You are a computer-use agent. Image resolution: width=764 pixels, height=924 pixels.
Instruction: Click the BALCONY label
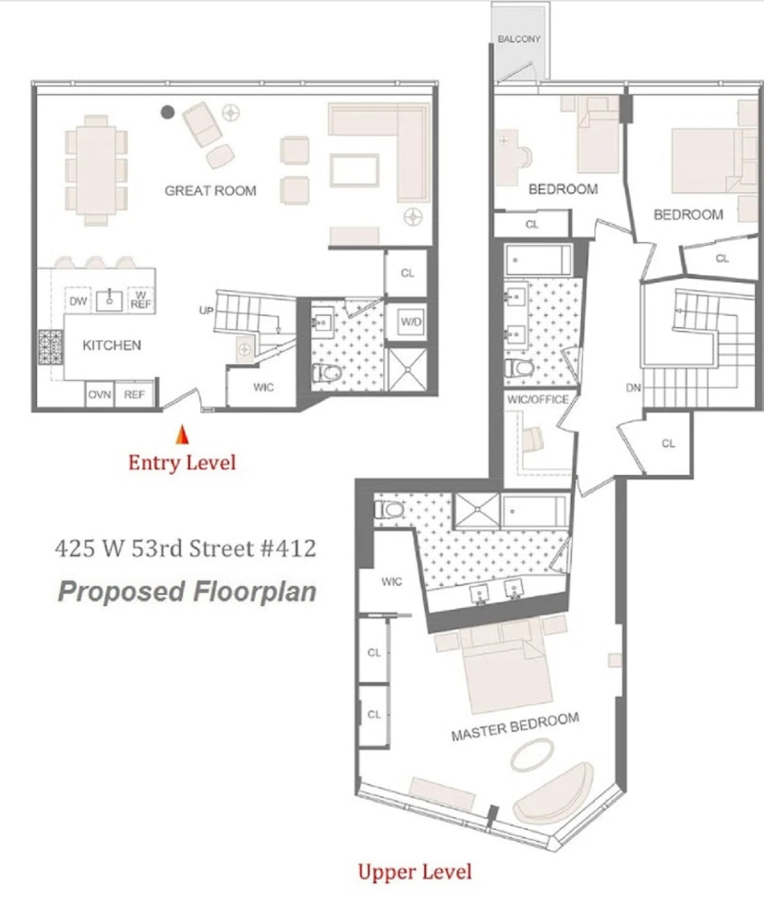tap(519, 39)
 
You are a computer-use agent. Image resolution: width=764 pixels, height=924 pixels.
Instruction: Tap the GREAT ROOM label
tap(211, 191)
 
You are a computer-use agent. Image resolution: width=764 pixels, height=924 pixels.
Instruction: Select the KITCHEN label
tap(112, 346)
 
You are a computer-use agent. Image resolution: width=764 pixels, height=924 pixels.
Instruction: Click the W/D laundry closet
tap(411, 322)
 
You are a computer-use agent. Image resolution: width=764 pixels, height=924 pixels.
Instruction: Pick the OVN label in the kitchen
tap(100, 395)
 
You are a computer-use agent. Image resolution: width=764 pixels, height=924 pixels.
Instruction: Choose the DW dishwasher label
tap(79, 300)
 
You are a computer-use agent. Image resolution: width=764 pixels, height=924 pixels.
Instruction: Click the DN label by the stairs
tap(633, 388)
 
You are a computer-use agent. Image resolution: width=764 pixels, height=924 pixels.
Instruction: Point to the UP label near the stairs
tap(207, 311)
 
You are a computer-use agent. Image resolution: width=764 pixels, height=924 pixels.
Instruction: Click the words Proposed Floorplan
tap(187, 591)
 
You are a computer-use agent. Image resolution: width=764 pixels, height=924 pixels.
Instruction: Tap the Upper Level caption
tap(414, 871)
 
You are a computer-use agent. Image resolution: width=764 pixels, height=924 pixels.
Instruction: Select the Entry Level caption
tap(182, 462)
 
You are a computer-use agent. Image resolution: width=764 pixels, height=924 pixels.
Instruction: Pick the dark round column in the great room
tap(167, 112)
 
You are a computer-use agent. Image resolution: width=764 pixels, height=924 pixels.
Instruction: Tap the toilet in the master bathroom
tap(387, 508)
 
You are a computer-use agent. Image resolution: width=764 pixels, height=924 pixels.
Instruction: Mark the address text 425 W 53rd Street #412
tap(185, 548)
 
